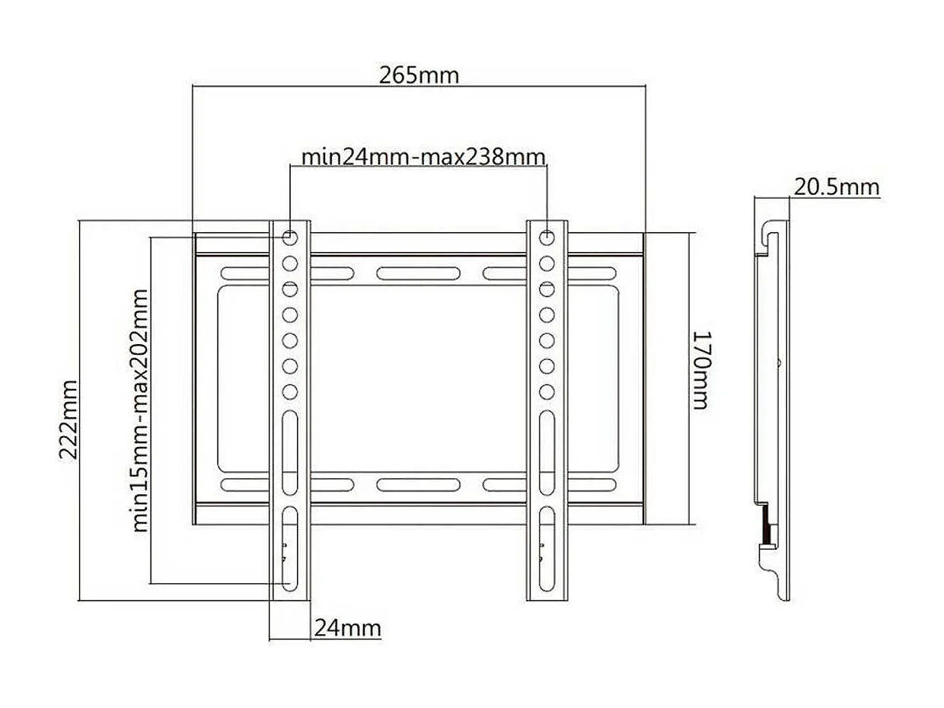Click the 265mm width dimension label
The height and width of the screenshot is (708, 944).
click(419, 75)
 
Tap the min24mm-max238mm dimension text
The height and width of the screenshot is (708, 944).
click(423, 157)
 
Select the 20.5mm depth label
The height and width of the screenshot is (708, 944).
click(836, 187)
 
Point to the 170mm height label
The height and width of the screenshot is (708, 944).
click(700, 369)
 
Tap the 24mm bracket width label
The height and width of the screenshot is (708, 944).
click(347, 628)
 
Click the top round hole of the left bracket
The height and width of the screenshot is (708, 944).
click(290, 238)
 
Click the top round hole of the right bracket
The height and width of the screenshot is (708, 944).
click(547, 238)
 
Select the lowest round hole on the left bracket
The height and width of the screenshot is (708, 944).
click(290, 391)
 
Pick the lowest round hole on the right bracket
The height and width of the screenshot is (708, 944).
click(547, 391)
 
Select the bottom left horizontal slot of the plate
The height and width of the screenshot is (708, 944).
click(245, 484)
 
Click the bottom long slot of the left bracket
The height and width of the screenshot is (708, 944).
click(290, 548)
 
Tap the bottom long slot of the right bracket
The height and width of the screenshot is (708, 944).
click(547, 548)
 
